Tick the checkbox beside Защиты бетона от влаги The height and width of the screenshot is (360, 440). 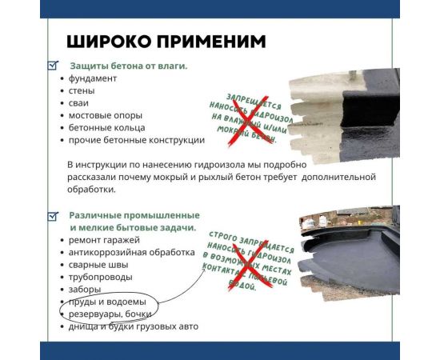click(x=53, y=66)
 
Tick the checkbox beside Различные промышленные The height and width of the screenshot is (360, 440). click(x=53, y=216)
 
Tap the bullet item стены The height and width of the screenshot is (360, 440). click(x=82, y=90)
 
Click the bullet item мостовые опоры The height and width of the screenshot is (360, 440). click(x=100, y=115)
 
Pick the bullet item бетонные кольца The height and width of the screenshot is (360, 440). click(x=107, y=127)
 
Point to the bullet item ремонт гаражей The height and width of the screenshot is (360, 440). click(x=104, y=240)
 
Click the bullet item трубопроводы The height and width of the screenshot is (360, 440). click(x=100, y=277)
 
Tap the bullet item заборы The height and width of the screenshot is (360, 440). click(x=85, y=289)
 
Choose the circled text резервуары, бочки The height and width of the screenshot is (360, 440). click(x=110, y=314)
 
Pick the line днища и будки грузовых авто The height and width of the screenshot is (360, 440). click(x=133, y=326)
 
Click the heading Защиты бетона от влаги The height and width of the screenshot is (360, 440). click(x=128, y=66)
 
